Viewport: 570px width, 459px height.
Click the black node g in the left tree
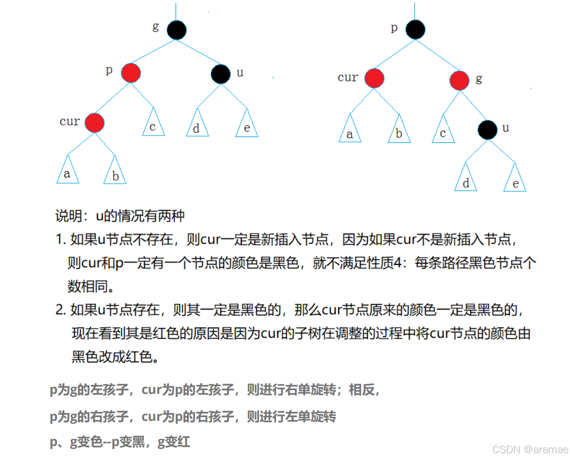click(x=177, y=30)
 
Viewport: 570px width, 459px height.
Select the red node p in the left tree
click(x=131, y=73)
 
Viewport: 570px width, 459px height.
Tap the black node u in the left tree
click(x=221, y=74)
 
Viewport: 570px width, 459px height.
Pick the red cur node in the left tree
click(x=94, y=123)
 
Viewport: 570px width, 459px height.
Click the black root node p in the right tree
click(x=415, y=30)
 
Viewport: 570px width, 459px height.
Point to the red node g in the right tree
click(x=459, y=80)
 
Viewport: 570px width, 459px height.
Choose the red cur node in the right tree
click(x=374, y=78)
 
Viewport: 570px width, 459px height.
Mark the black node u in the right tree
click(x=487, y=130)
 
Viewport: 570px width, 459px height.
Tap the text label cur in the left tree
click(x=70, y=121)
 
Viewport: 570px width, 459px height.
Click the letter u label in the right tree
click(x=506, y=128)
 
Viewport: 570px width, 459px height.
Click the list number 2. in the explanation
click(x=61, y=309)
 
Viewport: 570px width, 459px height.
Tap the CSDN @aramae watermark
click(x=530, y=450)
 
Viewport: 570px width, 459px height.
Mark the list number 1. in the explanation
click(x=61, y=239)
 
